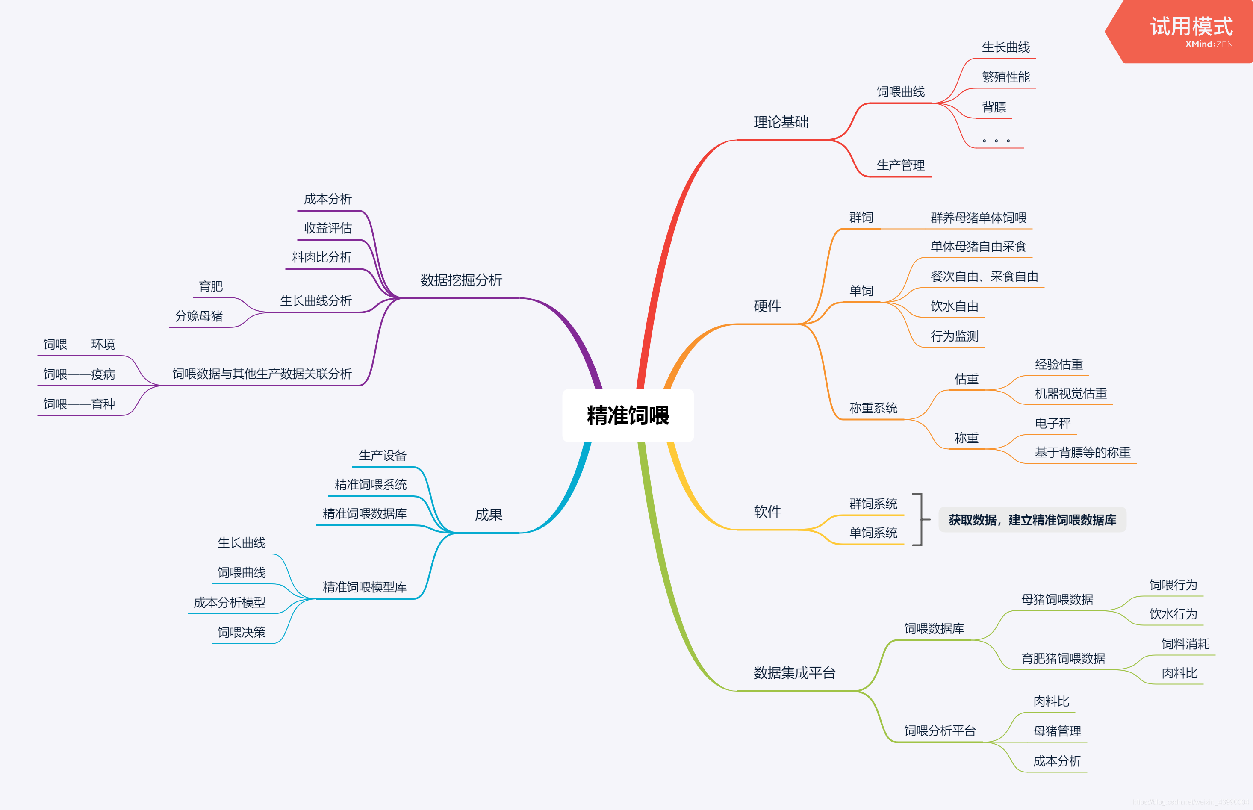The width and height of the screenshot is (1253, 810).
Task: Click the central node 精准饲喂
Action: coord(628,415)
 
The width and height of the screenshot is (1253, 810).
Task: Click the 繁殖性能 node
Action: coord(1005,78)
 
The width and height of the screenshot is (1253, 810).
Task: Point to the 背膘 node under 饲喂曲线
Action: coord(994,108)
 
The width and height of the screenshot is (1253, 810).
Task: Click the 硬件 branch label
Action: coord(767,306)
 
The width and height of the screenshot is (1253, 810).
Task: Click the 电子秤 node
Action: coord(1052,424)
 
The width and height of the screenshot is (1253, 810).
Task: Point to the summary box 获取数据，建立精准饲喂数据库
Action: coord(1032,520)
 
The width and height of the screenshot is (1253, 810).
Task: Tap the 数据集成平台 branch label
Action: coord(794,673)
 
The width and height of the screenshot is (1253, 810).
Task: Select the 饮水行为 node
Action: coord(1173,614)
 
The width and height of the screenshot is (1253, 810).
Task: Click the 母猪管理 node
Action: coord(1057,731)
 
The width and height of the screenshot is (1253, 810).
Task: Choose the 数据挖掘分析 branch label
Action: coord(461,280)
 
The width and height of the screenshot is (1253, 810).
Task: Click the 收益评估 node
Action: coord(328,228)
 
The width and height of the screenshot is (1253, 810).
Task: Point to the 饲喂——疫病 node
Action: coord(79,374)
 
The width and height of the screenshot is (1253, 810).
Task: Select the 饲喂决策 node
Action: coord(242,633)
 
